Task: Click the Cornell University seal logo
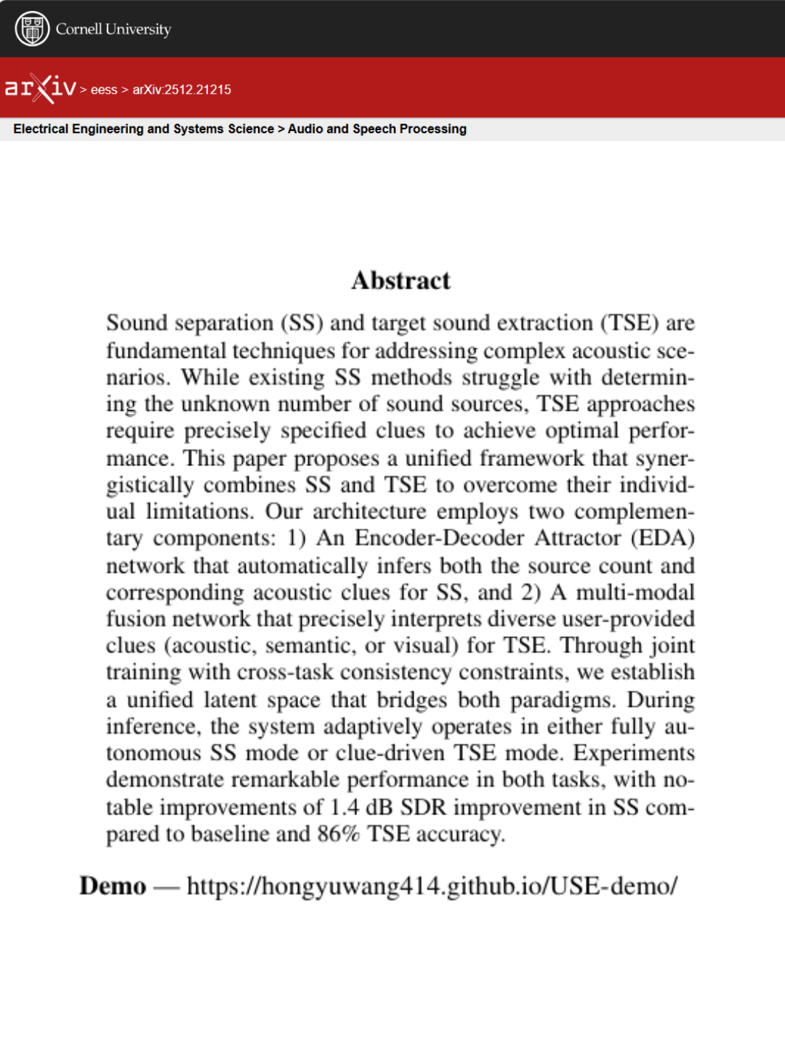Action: [x=32, y=29]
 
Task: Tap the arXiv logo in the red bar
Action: [x=41, y=89]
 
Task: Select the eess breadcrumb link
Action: [x=104, y=89]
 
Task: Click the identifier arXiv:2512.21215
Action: [x=182, y=89]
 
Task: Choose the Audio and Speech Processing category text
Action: [x=377, y=129]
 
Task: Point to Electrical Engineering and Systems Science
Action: [x=143, y=129]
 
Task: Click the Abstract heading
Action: [x=400, y=281]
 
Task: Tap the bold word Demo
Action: [x=113, y=886]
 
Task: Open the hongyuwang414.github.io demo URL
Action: [x=432, y=886]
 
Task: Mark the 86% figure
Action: [x=338, y=834]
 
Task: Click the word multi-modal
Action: [x=635, y=593]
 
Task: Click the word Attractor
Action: [x=578, y=538]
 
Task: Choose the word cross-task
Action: [x=285, y=673]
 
